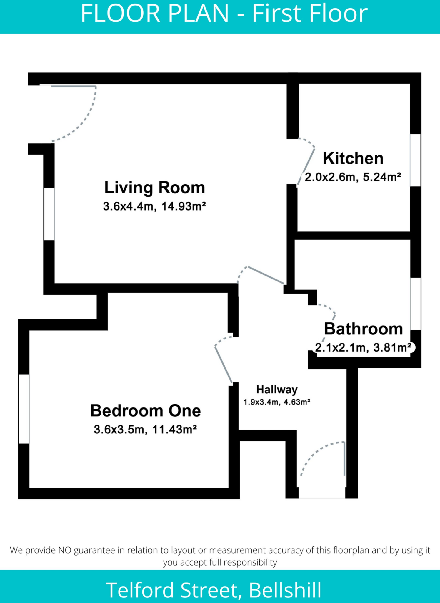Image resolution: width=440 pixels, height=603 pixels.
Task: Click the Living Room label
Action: tap(154, 188)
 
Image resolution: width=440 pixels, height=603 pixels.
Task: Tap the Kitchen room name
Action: tap(353, 158)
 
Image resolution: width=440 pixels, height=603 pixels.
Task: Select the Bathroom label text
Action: tap(363, 329)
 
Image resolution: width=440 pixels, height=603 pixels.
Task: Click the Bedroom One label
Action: tap(145, 410)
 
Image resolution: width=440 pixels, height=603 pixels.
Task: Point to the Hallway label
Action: tap(277, 390)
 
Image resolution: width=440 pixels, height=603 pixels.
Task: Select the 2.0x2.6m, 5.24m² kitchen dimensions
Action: tap(353, 177)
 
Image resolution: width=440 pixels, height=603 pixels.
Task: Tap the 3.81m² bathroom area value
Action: tap(392, 348)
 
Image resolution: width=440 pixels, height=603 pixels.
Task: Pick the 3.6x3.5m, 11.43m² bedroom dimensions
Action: tap(145, 430)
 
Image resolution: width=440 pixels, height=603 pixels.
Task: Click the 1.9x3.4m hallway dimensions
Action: tap(261, 402)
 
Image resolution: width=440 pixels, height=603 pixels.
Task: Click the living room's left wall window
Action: tap(49, 214)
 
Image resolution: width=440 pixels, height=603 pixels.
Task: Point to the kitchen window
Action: tap(415, 160)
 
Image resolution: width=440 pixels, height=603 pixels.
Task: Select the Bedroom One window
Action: tap(24, 409)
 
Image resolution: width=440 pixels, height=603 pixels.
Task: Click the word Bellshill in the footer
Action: tap(285, 590)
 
